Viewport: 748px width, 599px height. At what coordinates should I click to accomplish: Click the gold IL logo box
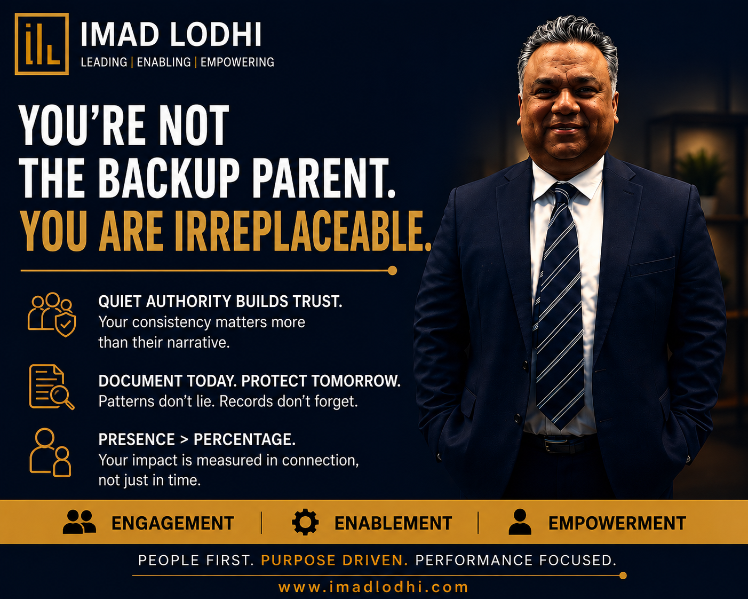(x=42, y=44)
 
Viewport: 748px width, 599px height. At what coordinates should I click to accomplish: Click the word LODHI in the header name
(x=216, y=35)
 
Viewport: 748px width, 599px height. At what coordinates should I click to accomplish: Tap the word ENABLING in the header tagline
(x=164, y=62)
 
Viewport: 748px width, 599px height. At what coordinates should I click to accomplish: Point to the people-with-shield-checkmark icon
(x=52, y=314)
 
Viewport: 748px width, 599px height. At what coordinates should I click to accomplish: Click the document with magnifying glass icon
(x=51, y=387)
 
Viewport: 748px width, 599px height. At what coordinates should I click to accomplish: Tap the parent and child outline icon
(x=50, y=452)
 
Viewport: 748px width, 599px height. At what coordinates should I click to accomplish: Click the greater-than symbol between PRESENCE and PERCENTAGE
(x=184, y=440)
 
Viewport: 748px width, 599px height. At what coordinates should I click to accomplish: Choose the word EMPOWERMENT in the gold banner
(x=617, y=523)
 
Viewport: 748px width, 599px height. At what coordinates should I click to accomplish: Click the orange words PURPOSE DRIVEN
(x=335, y=561)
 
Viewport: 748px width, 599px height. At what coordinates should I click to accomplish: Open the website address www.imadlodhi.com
(x=373, y=587)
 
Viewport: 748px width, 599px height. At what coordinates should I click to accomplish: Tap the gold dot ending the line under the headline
(x=392, y=270)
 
